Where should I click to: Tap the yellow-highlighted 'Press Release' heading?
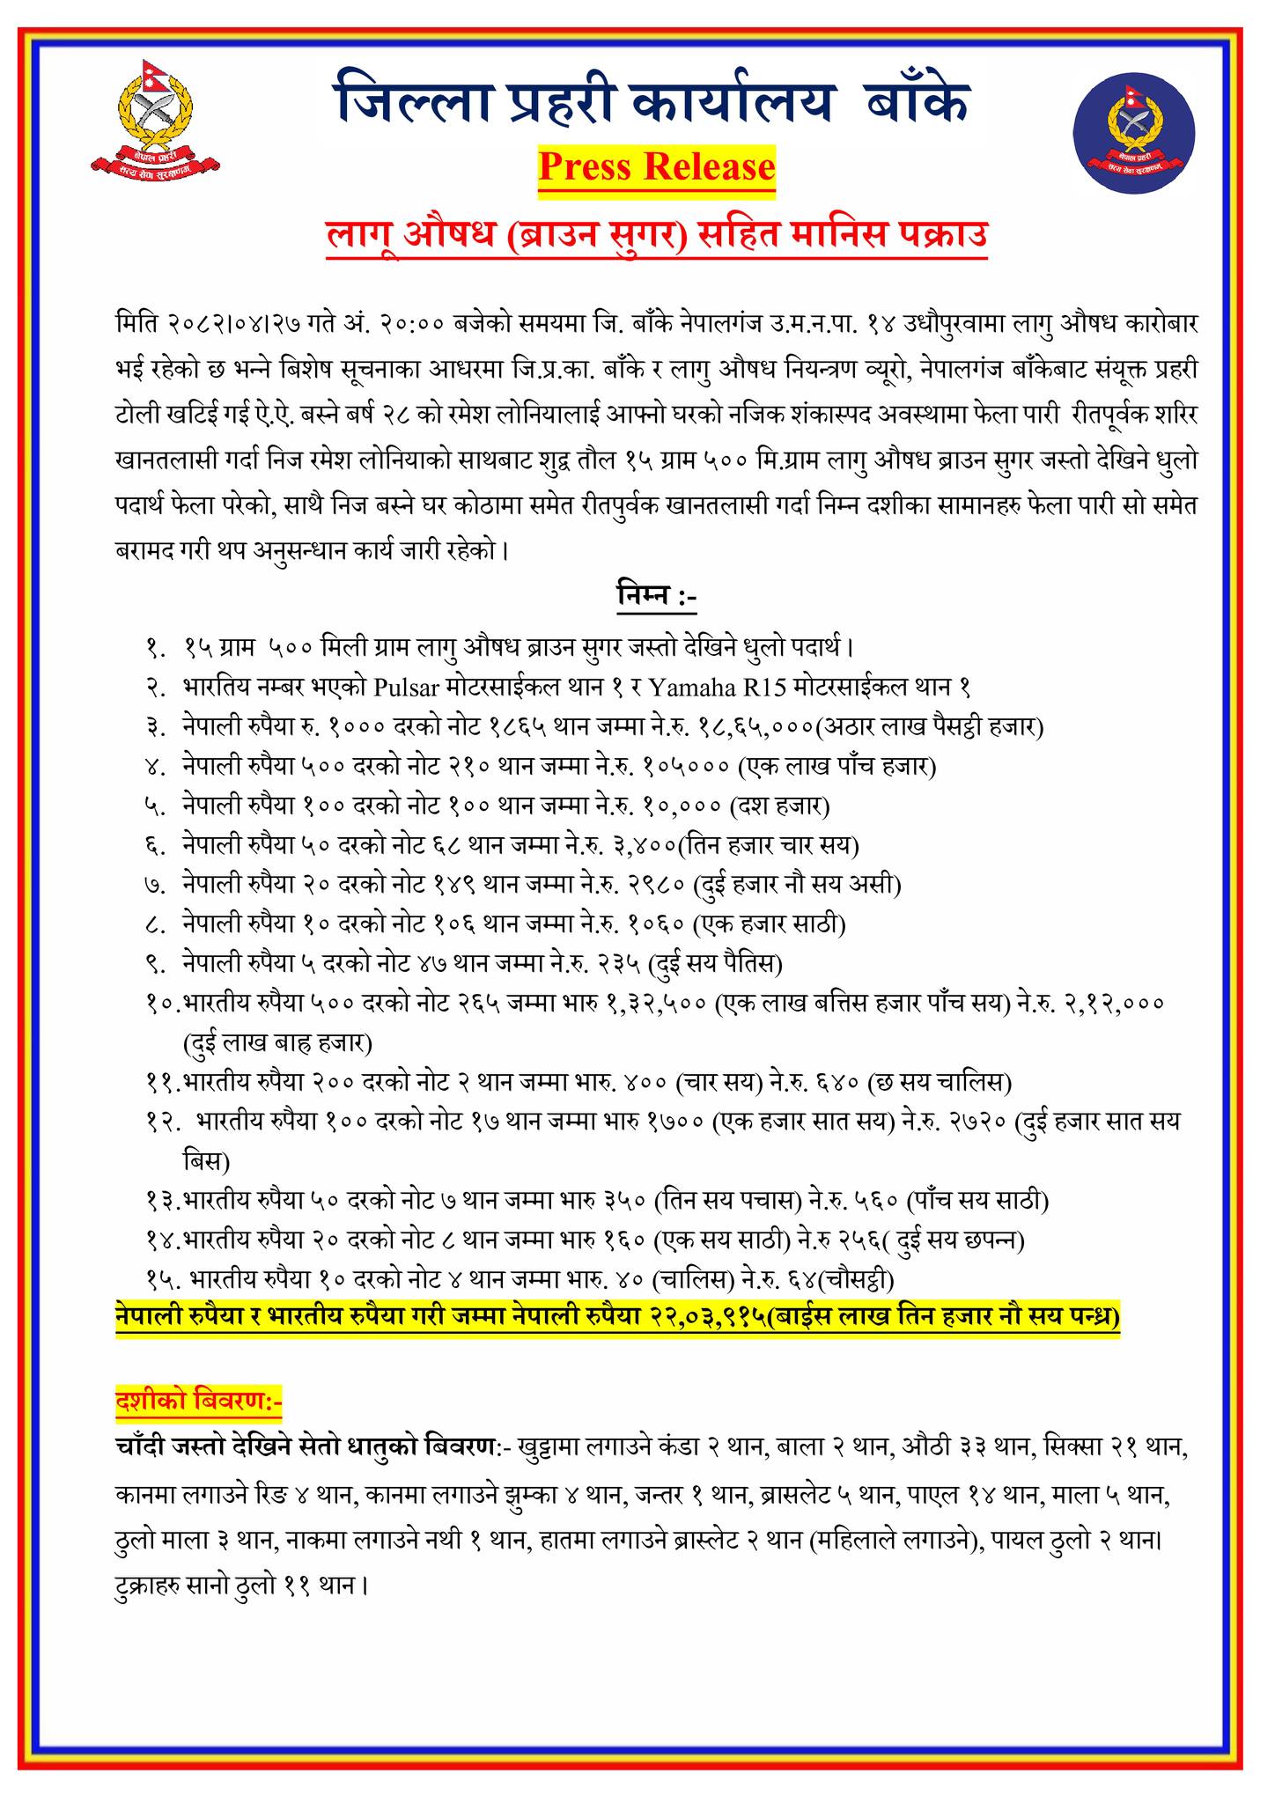657,166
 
